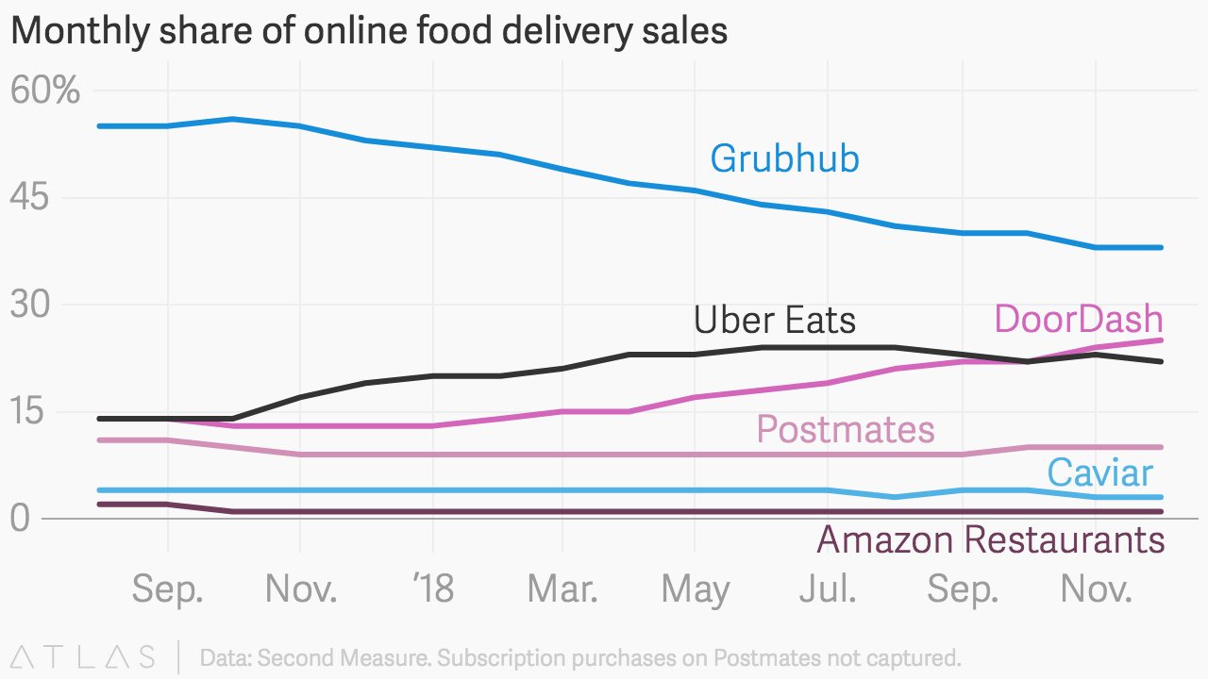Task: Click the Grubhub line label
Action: pos(784,158)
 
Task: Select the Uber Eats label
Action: pos(775,321)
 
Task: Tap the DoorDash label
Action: pos(1078,320)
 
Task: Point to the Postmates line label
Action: pos(846,430)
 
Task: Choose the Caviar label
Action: pos(1099,472)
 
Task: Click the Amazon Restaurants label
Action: pos(990,540)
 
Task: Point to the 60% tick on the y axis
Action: pos(45,91)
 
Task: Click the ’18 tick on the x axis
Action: pos(433,589)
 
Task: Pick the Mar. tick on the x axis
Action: pos(562,589)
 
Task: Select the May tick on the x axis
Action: pos(696,589)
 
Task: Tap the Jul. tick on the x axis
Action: pos(828,589)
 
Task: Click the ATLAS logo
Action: pos(83,656)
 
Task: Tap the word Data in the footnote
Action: pos(224,657)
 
